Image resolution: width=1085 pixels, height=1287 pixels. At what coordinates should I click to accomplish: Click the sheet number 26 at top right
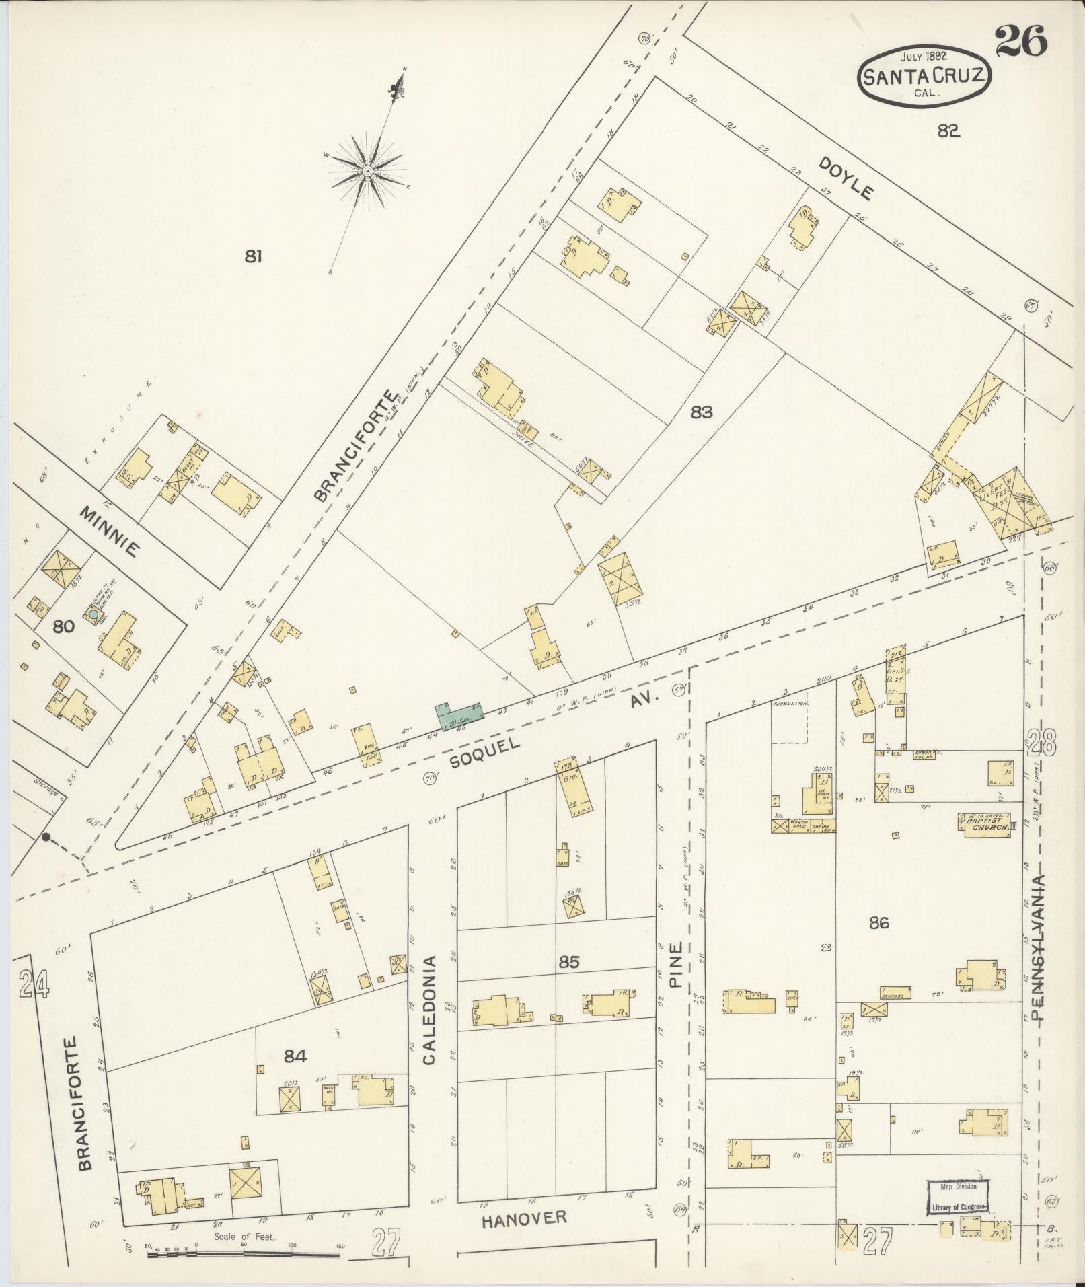coord(1020,42)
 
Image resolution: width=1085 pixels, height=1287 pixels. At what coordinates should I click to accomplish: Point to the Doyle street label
coord(846,178)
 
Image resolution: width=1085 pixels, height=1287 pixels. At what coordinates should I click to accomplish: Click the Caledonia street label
coord(429,1009)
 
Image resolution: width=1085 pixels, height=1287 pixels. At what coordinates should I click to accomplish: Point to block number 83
coord(701,412)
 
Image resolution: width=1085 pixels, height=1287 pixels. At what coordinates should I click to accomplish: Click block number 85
coord(569,962)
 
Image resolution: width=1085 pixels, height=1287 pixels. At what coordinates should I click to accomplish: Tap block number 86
coord(878,922)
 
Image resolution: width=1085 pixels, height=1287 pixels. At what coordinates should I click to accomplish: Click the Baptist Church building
coord(986,825)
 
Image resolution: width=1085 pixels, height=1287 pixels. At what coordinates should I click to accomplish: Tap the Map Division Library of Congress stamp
coord(959,1198)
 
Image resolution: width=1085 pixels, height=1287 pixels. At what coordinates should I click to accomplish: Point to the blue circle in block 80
coord(93,614)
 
